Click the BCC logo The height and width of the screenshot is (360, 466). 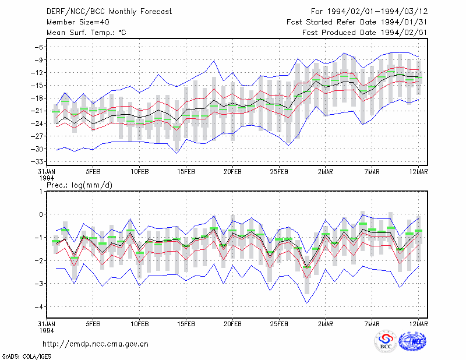(386, 342)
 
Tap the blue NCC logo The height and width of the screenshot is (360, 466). (412, 341)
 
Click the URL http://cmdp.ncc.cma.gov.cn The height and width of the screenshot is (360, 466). (96, 344)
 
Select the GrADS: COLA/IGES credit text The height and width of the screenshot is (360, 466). (26, 357)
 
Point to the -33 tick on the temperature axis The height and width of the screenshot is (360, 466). (37, 162)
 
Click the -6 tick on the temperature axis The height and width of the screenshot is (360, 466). (39, 47)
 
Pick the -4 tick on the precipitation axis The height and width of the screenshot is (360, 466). (39, 307)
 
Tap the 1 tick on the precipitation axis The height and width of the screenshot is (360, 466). (41, 192)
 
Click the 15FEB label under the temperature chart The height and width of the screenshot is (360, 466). (186, 172)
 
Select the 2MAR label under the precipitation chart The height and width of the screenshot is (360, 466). (326, 324)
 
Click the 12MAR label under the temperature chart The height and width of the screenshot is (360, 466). (418, 172)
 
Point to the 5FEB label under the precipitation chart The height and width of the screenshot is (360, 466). (93, 324)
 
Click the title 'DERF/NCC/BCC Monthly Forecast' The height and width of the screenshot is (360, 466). (109, 12)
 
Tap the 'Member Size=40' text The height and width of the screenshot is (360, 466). (78, 22)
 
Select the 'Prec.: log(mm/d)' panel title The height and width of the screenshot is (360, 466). (79, 185)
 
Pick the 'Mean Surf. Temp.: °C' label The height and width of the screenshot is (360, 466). (86, 33)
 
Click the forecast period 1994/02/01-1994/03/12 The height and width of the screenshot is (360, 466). (377, 12)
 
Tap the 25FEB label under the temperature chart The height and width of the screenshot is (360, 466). (279, 172)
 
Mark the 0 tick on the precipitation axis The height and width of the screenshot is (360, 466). (41, 214)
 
